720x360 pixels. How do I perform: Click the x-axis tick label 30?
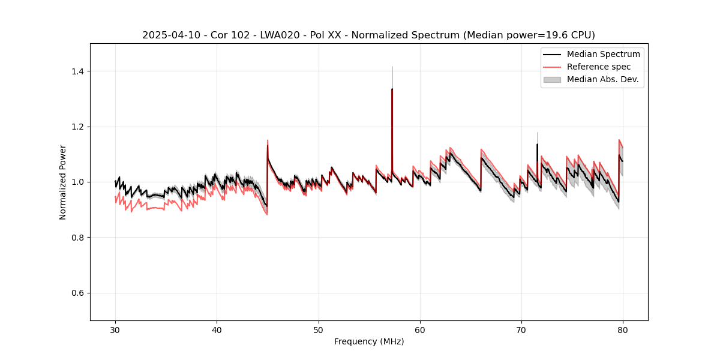point(115,330)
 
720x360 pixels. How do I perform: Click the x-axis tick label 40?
point(217,330)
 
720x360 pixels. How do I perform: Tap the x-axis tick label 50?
point(319,330)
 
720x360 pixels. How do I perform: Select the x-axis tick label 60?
point(420,330)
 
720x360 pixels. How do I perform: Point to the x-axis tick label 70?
point(521,330)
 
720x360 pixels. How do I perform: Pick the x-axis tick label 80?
point(623,330)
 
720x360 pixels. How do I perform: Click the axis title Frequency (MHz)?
point(369,341)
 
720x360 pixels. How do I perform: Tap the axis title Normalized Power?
point(63,182)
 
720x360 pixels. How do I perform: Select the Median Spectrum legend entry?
point(603,54)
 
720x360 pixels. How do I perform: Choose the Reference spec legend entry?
point(598,67)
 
